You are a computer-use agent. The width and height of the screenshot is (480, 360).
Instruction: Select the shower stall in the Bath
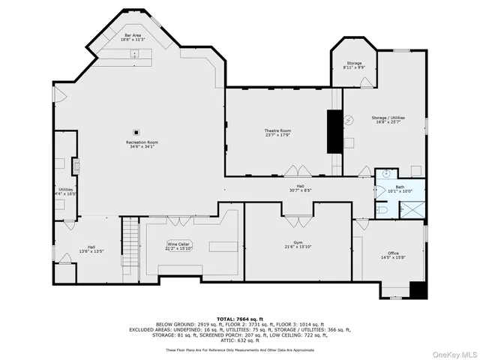click(412, 209)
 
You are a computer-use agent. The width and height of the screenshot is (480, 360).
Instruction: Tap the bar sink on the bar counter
click(135, 52)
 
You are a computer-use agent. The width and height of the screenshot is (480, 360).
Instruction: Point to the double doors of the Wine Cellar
click(178, 220)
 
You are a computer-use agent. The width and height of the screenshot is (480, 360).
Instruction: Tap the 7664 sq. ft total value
click(252, 319)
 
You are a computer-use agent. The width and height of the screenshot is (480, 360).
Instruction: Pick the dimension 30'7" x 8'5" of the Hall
click(299, 190)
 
